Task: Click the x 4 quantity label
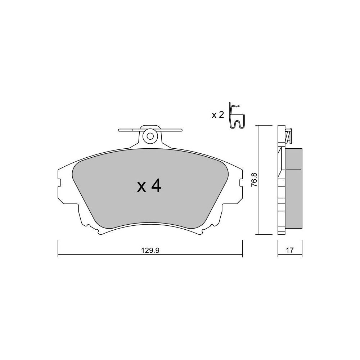coord(149,186)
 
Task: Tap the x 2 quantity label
coord(218,115)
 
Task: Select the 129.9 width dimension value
coord(150,251)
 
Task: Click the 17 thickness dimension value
coord(290,250)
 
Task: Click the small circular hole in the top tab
coord(150,136)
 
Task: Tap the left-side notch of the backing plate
coord(59,183)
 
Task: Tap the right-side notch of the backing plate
coord(241,183)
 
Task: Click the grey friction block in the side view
coord(293,188)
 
